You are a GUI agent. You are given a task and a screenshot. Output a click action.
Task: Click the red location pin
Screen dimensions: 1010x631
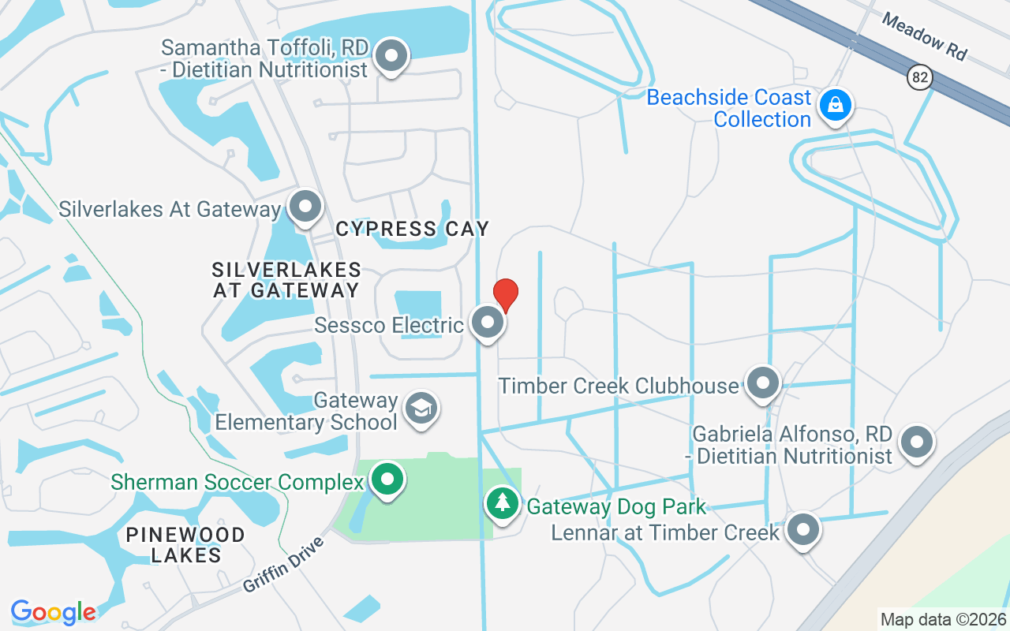click(505, 295)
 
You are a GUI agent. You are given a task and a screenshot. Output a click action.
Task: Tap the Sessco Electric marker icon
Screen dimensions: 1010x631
click(488, 323)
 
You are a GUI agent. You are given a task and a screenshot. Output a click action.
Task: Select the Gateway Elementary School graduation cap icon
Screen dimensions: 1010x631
click(421, 409)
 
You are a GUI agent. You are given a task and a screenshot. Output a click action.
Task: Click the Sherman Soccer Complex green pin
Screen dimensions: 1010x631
click(387, 479)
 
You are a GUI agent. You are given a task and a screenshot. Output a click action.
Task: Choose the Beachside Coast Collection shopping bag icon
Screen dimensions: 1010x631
click(834, 105)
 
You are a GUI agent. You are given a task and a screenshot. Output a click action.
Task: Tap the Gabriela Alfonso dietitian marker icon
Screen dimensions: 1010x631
click(917, 442)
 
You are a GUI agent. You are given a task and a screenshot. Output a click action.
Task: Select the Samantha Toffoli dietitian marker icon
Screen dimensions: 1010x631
click(391, 56)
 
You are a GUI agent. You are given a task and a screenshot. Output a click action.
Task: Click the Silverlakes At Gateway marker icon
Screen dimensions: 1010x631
click(305, 207)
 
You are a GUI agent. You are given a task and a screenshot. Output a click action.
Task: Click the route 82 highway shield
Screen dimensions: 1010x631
click(919, 77)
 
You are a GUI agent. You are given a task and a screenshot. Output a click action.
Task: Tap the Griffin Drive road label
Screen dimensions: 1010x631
click(284, 566)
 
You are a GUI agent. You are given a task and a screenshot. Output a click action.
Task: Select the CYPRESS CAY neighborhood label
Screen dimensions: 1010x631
click(412, 229)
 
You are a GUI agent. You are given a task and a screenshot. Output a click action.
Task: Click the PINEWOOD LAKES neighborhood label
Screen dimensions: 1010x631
click(185, 545)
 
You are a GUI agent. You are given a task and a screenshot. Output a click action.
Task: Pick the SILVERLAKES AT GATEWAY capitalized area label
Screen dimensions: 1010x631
click(286, 280)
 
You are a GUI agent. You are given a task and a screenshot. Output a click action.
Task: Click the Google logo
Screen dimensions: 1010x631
click(53, 612)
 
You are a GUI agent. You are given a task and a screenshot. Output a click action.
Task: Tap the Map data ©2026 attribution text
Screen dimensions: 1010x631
click(943, 619)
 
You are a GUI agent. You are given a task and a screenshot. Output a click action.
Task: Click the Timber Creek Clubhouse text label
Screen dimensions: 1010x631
click(619, 386)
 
